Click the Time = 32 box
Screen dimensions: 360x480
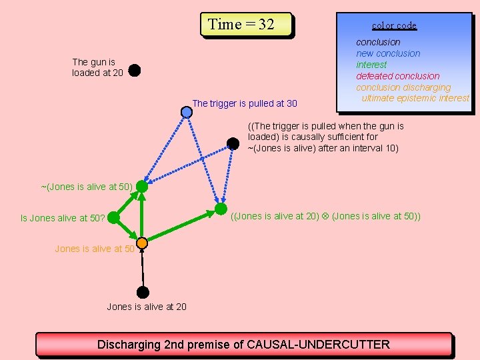pos(247,25)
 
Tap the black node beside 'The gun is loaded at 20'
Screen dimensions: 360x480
pos(134,69)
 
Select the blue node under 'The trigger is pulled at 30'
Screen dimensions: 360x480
pos(187,112)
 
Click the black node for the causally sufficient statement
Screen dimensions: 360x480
pos(233,143)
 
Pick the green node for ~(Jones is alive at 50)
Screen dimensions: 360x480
pos(142,187)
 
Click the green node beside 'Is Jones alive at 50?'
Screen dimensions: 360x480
pos(113,217)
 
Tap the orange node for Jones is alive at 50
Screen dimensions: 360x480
pos(142,243)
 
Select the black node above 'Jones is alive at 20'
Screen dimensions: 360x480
pos(143,292)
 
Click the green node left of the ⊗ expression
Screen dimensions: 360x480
pos(221,209)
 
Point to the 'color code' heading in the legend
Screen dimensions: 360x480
pos(394,25)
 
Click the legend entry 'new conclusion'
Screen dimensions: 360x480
pos(388,53)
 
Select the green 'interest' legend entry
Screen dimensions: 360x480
pos(371,65)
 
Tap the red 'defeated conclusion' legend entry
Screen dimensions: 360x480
pos(397,76)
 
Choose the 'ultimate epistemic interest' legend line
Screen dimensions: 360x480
pos(415,98)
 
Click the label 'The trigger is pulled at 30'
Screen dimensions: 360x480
pos(245,103)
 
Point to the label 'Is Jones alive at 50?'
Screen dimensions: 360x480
pos(63,217)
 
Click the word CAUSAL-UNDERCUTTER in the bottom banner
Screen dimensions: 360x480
pos(318,345)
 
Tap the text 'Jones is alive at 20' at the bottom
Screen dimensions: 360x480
pos(147,307)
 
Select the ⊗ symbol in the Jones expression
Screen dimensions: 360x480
pos(325,216)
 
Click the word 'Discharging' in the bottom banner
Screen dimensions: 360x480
pos(129,345)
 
